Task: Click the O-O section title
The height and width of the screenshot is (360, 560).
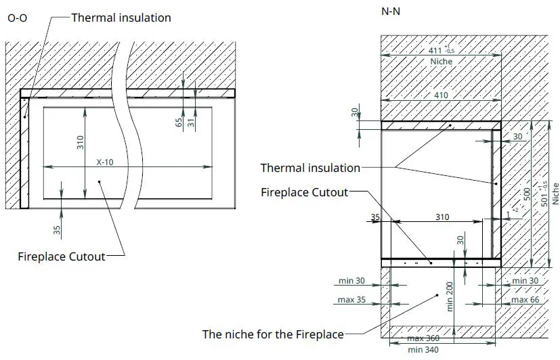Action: (18, 19)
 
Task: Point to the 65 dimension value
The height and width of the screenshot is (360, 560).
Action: (179, 122)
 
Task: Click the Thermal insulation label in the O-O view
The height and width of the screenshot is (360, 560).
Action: (121, 17)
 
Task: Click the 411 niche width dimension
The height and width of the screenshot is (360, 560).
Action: (440, 51)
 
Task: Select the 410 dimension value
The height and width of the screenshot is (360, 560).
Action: (441, 95)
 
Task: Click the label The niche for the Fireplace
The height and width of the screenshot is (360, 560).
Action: (273, 334)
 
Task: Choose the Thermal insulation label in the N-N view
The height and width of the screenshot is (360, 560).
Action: (310, 168)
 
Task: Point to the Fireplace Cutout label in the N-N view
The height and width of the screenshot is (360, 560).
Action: (304, 192)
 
